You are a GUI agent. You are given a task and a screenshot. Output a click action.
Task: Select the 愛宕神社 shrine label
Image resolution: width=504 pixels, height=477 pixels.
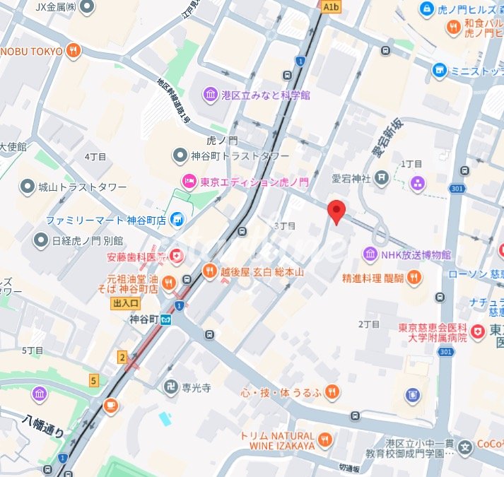(x=351, y=179)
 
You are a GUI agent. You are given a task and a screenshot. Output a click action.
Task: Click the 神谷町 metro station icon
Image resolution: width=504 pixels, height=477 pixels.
(x=165, y=319)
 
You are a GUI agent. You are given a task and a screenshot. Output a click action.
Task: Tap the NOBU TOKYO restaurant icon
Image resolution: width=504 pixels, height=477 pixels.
(x=74, y=51)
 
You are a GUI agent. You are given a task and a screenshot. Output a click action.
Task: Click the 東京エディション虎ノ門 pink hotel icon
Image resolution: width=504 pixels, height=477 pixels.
(x=189, y=182)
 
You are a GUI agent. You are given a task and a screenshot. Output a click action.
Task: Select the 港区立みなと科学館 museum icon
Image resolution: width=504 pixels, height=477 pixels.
(x=210, y=95)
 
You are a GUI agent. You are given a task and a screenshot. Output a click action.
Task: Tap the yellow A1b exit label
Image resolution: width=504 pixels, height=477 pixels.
(x=331, y=6)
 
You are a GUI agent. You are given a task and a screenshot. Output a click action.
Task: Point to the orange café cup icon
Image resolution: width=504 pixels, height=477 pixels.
(x=110, y=405)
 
